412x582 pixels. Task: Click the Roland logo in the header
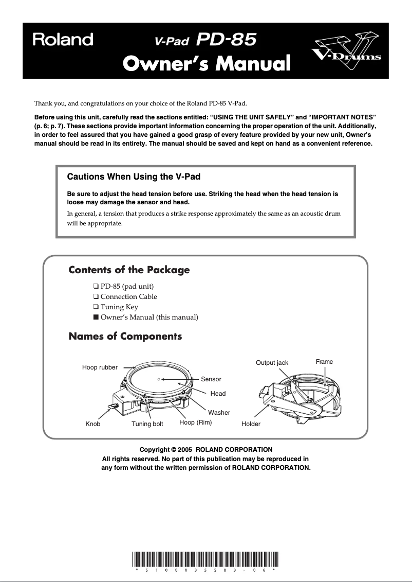(63, 40)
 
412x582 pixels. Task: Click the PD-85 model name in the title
(227, 39)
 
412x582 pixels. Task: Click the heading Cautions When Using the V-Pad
(134, 177)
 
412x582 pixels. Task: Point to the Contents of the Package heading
(129, 270)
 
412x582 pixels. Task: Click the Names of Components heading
(125, 337)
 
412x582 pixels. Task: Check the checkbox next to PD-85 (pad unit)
(96, 286)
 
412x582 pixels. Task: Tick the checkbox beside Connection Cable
(96, 296)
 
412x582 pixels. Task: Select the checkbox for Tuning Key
(96, 307)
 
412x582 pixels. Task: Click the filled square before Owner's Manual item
(96, 317)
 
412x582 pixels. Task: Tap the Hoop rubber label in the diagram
(100, 367)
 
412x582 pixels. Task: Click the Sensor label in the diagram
(211, 379)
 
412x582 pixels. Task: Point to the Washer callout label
(219, 413)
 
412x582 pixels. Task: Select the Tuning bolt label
(147, 424)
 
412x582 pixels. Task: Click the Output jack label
(272, 363)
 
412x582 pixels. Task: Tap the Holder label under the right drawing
(251, 424)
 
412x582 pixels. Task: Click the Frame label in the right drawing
(324, 362)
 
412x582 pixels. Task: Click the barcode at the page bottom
(205, 559)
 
